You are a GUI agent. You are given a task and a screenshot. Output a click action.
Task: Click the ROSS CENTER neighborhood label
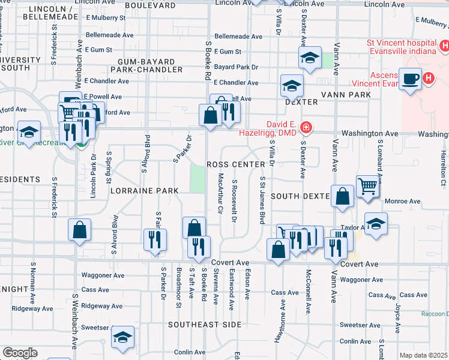(x=235, y=164)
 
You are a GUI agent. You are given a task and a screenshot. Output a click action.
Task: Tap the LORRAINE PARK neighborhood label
(x=145, y=191)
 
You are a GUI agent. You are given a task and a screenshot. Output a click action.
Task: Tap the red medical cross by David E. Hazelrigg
(x=306, y=127)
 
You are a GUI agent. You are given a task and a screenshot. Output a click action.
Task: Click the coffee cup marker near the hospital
(x=411, y=79)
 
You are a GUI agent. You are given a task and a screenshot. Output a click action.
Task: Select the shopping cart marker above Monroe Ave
(x=367, y=185)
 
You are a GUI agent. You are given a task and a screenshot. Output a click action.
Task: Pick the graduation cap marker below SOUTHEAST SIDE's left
(x=122, y=338)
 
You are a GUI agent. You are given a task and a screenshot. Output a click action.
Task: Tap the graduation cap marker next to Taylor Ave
(x=376, y=223)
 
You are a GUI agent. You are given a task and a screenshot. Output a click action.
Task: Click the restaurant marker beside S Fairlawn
(x=155, y=239)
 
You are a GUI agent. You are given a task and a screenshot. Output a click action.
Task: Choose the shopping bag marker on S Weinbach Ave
(x=80, y=230)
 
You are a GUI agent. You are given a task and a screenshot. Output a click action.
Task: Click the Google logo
(x=20, y=352)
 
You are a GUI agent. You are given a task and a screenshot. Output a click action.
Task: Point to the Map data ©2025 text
(x=423, y=355)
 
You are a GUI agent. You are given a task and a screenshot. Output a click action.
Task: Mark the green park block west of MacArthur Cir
(x=197, y=178)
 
